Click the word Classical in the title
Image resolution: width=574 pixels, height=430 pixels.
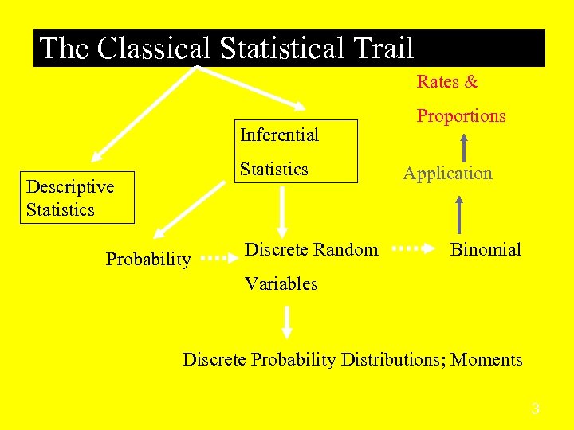(x=154, y=49)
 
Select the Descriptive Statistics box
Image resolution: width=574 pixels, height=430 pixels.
(x=77, y=198)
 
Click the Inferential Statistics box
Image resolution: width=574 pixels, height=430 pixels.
(x=296, y=151)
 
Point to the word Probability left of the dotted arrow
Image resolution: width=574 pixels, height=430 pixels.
(x=148, y=260)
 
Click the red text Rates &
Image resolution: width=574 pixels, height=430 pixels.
(x=447, y=82)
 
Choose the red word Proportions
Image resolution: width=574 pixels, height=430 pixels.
(x=461, y=116)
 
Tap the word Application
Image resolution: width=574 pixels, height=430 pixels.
(x=447, y=174)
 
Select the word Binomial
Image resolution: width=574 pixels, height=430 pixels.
(x=486, y=250)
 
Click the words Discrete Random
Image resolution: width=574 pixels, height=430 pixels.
(x=311, y=250)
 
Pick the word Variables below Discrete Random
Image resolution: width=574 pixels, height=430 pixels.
(x=281, y=284)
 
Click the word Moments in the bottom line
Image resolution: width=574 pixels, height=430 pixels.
(x=486, y=360)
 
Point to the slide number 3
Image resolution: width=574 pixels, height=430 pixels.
(x=536, y=409)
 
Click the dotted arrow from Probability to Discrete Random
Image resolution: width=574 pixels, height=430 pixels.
(x=216, y=258)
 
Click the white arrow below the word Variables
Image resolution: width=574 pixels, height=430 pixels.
(x=287, y=322)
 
